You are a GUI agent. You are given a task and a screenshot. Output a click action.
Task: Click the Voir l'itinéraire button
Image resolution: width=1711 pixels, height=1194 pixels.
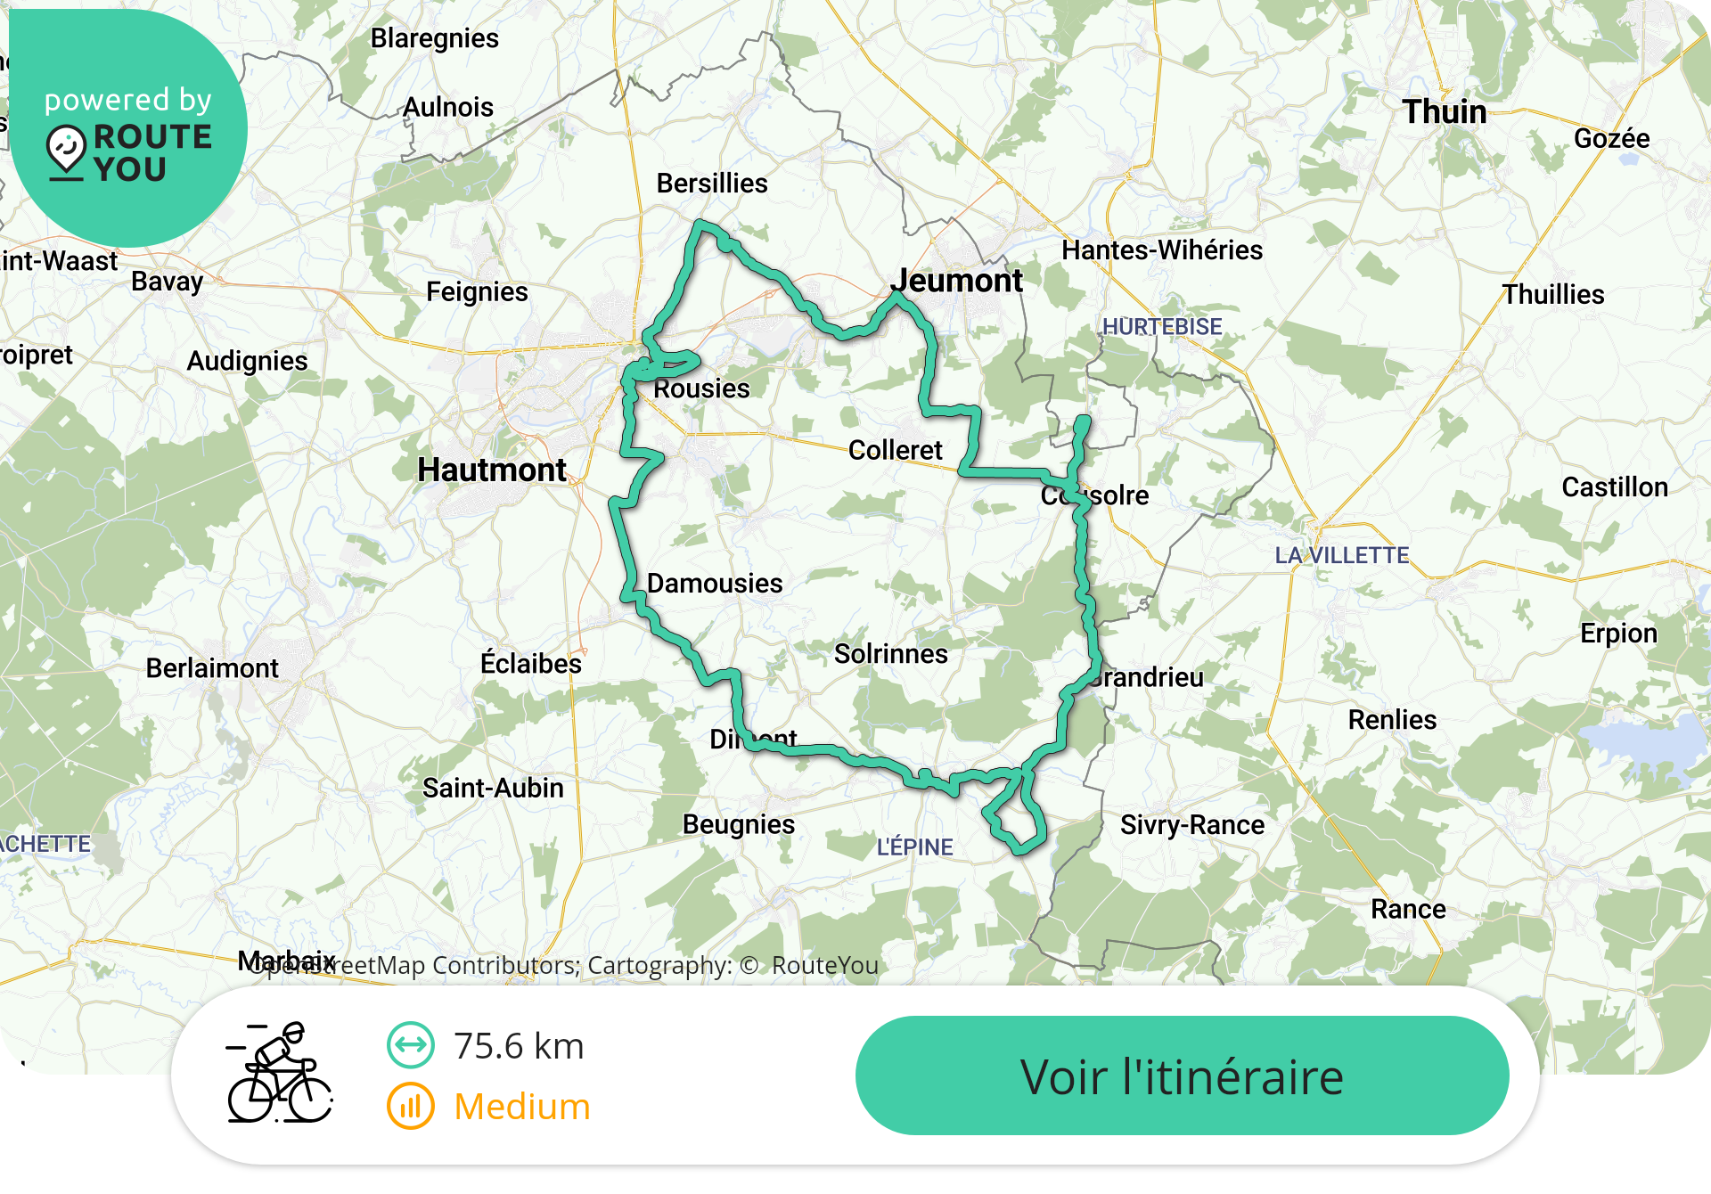pos(1182,1075)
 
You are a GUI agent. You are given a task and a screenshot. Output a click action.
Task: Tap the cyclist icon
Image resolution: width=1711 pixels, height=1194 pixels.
pos(280,1073)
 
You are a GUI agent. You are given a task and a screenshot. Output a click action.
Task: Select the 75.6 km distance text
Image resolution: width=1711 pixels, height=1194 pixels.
pos(519,1046)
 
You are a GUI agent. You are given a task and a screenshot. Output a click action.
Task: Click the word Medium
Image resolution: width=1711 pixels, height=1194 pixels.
pos(522,1107)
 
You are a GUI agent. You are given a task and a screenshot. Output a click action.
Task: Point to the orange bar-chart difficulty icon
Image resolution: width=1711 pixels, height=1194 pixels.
pos(410,1107)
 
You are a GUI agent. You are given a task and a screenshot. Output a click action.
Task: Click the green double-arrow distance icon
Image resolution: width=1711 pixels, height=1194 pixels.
pos(410,1045)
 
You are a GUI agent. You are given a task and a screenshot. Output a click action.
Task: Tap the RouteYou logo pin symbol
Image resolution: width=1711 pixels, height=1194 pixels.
pos(66,150)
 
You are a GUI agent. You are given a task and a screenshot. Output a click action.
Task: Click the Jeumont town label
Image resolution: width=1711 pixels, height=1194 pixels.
pos(956,281)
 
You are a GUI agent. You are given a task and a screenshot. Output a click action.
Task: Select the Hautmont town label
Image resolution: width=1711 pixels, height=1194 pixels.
pos(492,470)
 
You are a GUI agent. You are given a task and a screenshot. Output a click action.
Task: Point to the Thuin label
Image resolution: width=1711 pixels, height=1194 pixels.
pos(1444,112)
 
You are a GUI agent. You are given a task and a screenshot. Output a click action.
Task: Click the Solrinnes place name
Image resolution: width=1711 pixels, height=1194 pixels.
pos(890,654)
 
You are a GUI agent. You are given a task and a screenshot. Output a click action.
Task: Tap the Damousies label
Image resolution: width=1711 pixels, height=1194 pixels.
pos(715,584)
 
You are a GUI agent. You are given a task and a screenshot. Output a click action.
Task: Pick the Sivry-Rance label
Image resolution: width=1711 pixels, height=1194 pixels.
pos(1191,825)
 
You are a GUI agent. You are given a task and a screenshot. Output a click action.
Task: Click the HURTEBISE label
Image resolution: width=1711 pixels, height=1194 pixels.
pos(1162,327)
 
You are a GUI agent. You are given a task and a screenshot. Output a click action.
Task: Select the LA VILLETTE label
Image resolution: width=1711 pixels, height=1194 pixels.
pos(1341,556)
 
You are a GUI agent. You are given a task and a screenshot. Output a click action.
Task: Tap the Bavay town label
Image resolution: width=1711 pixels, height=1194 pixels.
pos(168,282)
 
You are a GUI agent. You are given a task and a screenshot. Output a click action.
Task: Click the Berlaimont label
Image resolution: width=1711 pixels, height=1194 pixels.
pos(212,668)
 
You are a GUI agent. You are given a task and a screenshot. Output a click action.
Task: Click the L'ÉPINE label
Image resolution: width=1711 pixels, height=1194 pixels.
pos(914,847)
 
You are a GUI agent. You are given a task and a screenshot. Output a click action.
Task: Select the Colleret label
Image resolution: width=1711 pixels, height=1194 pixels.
pos(895,451)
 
